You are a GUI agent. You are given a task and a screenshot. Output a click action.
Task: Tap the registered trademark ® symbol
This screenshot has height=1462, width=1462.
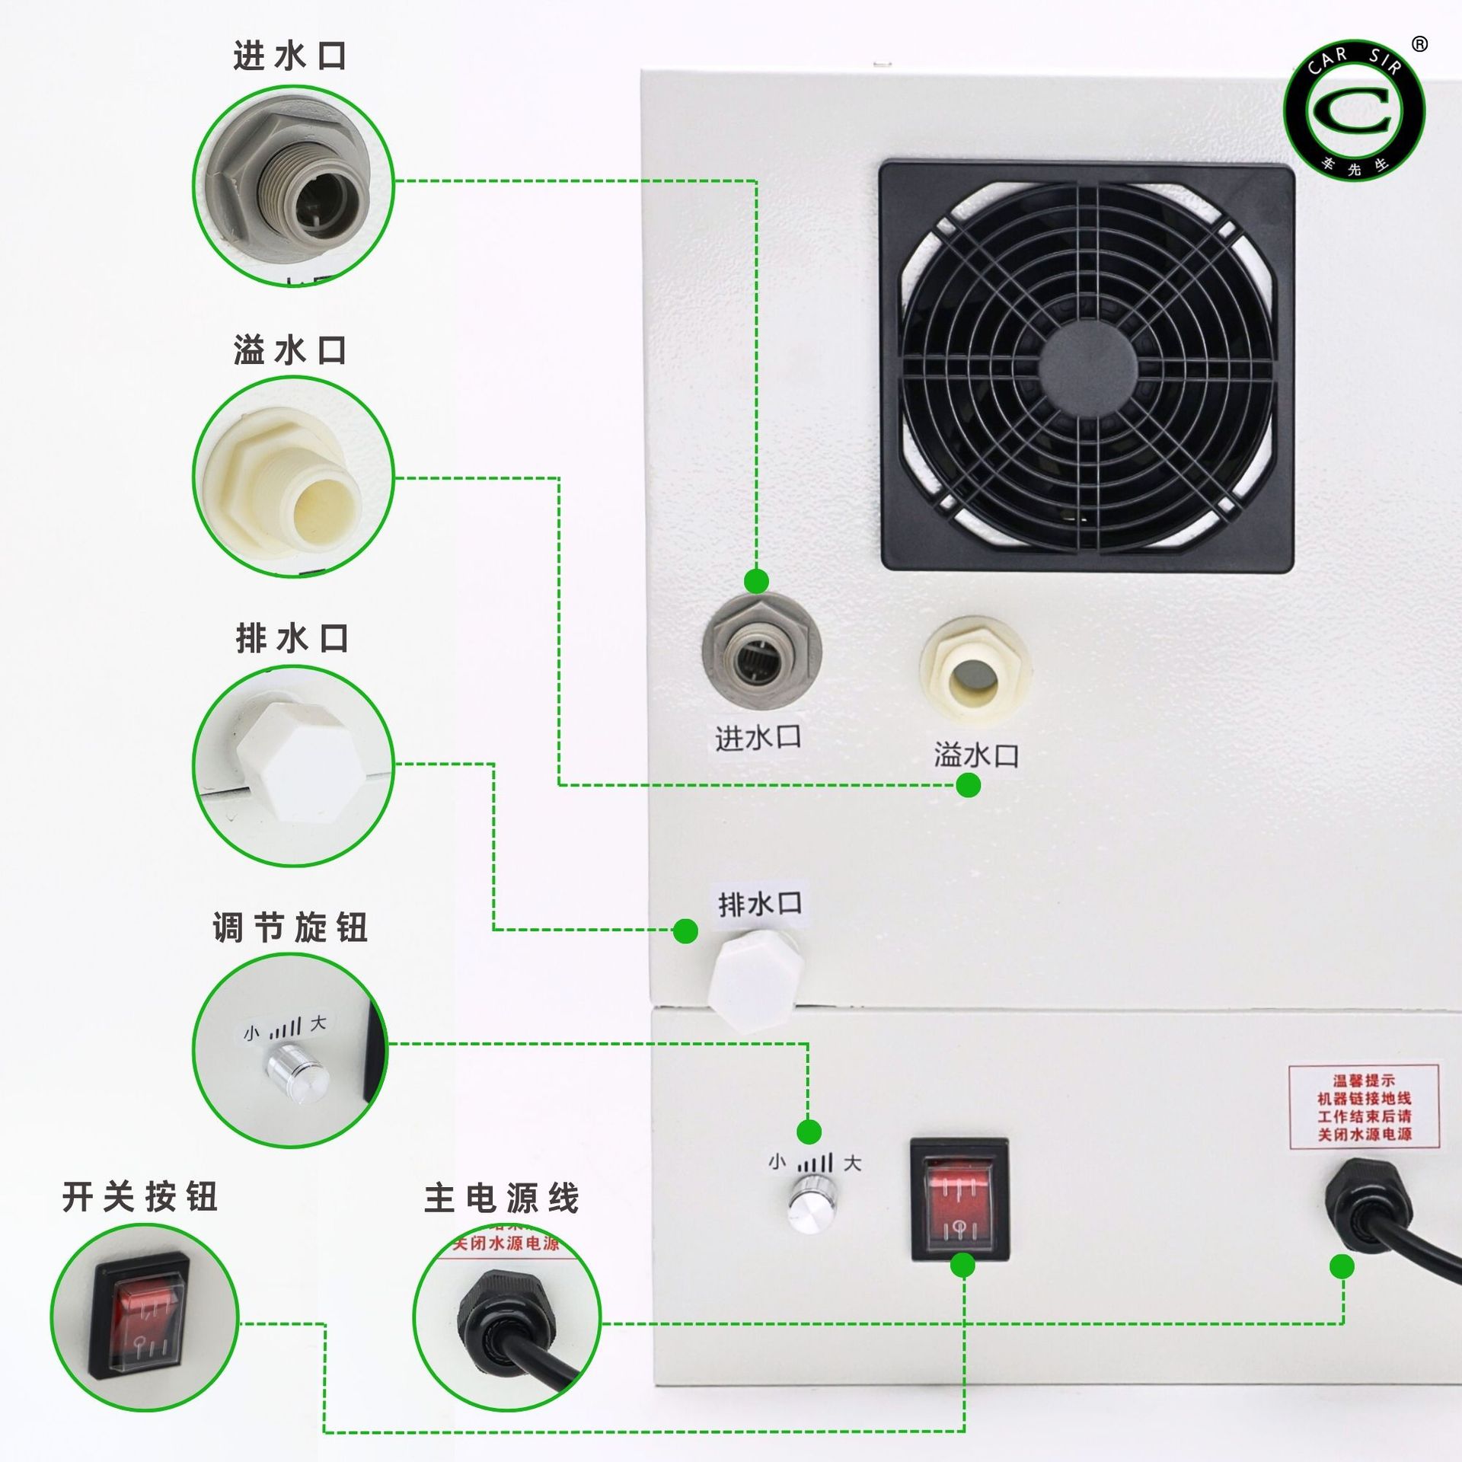1419,44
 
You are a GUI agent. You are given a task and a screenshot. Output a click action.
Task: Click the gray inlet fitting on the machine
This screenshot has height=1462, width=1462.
761,653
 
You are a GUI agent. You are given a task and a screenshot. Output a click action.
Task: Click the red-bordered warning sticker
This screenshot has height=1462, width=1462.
1364,1106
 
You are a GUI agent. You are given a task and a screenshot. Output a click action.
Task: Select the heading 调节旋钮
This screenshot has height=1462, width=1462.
290,927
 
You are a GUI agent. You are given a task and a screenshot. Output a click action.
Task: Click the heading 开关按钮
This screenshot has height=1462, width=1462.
140,1196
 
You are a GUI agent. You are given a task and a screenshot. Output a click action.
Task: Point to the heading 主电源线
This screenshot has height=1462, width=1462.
502,1198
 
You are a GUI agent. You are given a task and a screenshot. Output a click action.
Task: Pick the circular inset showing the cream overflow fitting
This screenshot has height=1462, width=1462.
293,477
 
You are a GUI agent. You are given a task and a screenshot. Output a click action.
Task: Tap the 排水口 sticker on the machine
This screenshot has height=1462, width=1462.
760,905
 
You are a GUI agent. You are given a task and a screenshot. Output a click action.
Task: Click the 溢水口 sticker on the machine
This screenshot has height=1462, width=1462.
976,755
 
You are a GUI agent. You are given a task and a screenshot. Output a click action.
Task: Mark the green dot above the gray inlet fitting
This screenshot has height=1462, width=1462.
756,581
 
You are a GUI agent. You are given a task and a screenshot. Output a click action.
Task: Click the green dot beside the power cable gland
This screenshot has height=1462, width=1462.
1342,1267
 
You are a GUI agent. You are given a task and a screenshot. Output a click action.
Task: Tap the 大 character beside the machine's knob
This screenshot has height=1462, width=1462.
852,1163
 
